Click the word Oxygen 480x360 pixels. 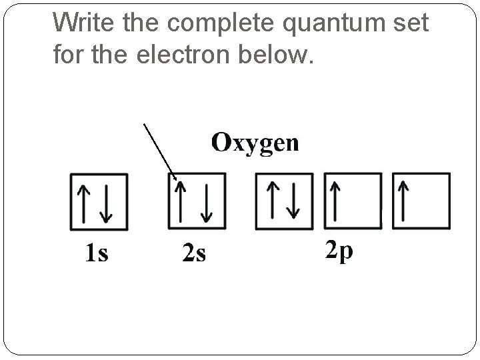click(255, 143)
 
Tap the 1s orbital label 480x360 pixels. click(97, 253)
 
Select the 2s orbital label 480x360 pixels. click(194, 253)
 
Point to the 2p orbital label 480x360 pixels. click(339, 251)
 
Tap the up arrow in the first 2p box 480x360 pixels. click(273, 201)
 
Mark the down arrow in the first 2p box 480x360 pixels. click(292, 201)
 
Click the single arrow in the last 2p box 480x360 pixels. click(403, 202)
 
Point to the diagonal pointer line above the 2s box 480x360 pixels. click(159, 151)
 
